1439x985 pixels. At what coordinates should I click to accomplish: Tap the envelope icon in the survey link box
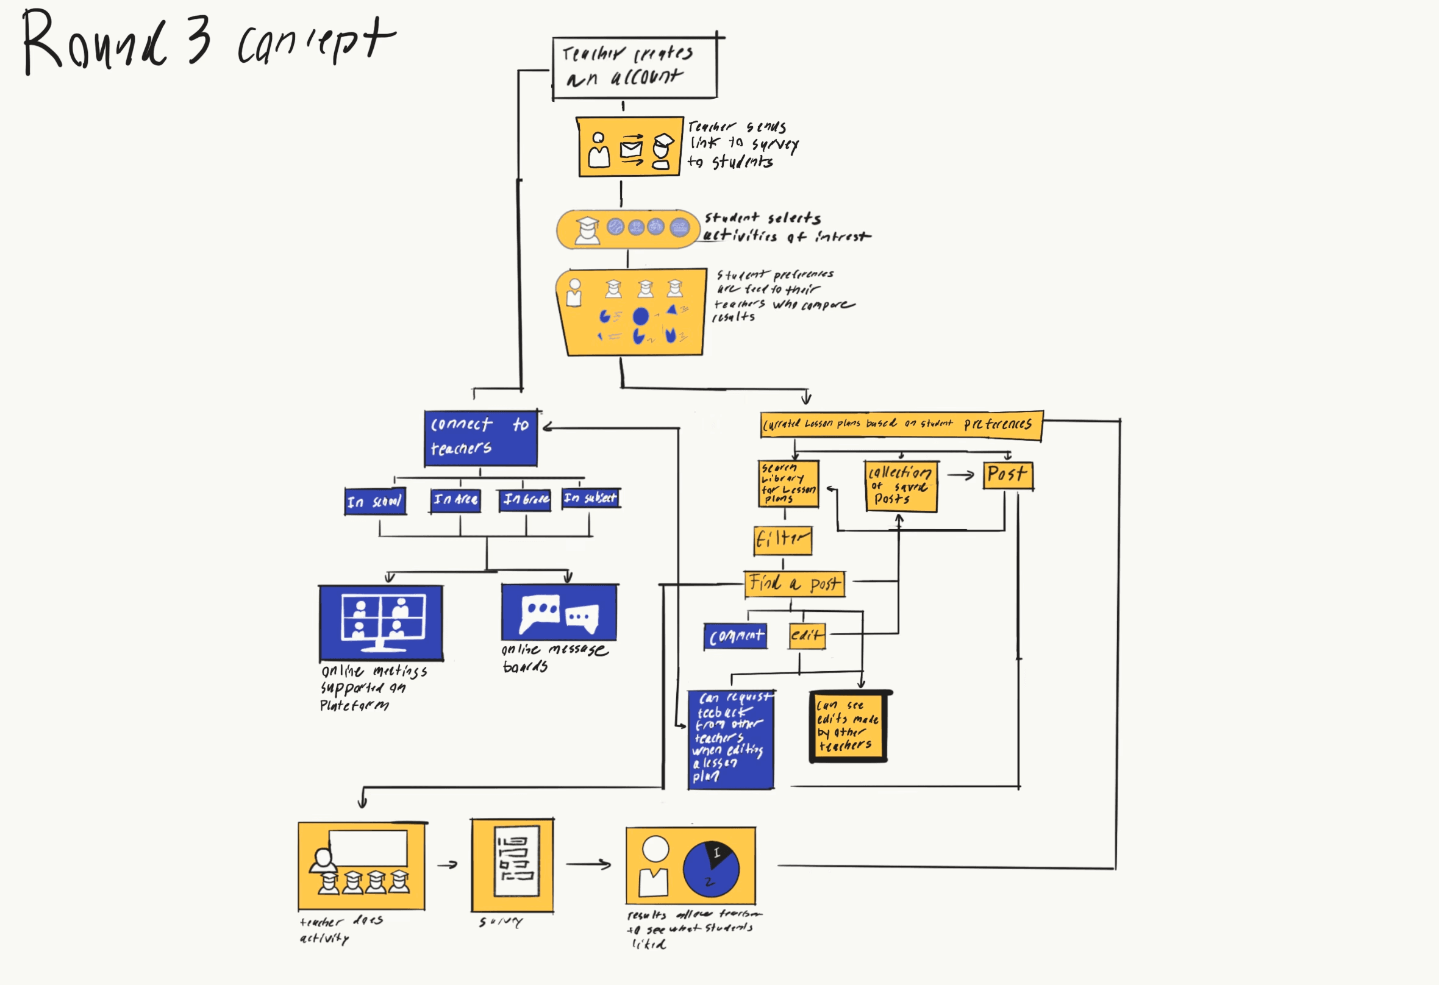tap(631, 149)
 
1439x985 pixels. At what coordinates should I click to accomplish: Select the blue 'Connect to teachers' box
tap(480, 438)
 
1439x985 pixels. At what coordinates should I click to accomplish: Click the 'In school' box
tap(375, 501)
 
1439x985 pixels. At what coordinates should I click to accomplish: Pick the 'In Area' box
tap(456, 500)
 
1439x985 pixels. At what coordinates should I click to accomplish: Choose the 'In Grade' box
tap(526, 499)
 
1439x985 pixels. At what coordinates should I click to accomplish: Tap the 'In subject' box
tap(591, 498)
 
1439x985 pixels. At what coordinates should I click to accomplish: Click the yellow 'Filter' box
tap(783, 541)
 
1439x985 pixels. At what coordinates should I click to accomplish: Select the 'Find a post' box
tap(794, 584)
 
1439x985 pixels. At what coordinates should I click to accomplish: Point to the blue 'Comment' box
tap(735, 636)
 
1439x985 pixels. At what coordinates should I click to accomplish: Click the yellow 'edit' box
tap(807, 636)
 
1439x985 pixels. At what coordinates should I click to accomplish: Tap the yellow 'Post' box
tap(1008, 475)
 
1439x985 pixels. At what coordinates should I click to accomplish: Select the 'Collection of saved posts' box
tap(901, 486)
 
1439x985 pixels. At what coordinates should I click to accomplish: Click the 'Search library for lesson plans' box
tap(788, 483)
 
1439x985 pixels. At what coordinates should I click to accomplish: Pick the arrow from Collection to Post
tap(960, 475)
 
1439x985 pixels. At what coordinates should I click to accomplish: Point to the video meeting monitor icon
tap(383, 622)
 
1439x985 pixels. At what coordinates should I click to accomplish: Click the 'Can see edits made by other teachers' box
tap(849, 726)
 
